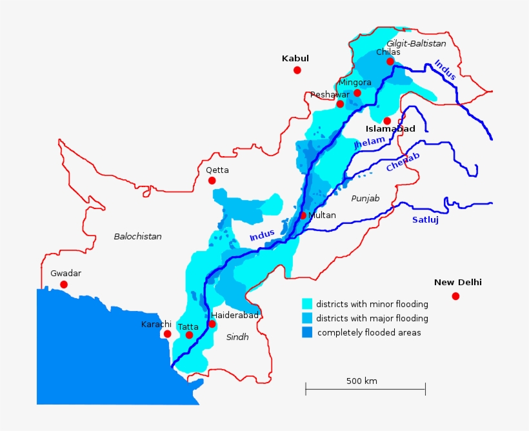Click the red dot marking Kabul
coord(297,70)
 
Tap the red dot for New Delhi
coord(455,296)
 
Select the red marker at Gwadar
coord(64,285)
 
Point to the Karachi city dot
coord(167,334)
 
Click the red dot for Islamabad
coord(387,121)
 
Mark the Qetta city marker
coord(212,181)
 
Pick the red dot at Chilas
coord(390,61)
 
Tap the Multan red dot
coord(303,215)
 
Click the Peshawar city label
coord(330,95)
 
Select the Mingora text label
coord(355,83)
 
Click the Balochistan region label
coord(137,237)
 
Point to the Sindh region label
coord(237,337)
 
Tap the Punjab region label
coord(365,198)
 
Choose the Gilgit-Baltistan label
coord(416,43)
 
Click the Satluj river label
coord(425,220)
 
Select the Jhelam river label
coord(370,143)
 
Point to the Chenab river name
coord(403,162)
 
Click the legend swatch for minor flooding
coord(307,304)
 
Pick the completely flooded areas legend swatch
coord(307,332)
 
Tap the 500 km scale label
coord(362,381)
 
